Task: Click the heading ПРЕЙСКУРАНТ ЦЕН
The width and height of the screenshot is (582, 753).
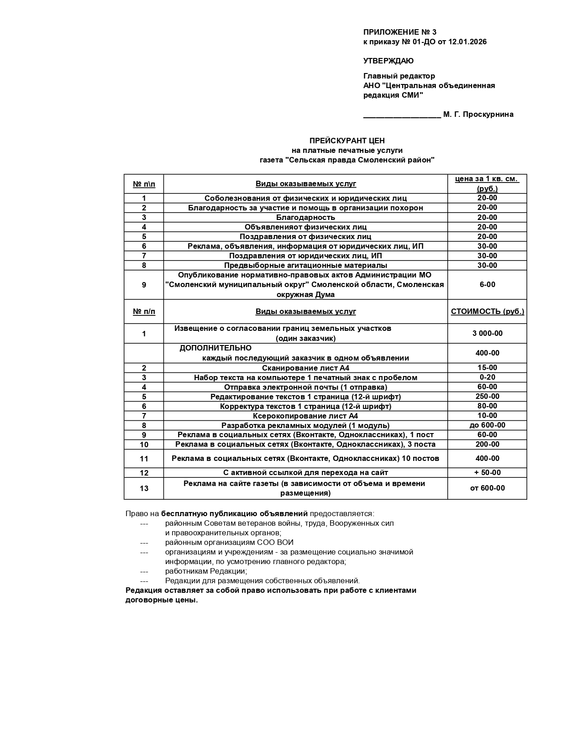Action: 347,141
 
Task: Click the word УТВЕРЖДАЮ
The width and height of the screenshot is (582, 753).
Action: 388,61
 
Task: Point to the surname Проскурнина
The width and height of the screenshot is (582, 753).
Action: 488,115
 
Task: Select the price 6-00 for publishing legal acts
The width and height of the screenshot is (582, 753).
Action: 487,285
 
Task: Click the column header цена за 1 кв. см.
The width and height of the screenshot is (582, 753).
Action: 487,179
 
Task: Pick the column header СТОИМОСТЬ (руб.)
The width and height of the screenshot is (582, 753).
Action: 487,312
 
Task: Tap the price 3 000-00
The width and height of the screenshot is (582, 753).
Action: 487,334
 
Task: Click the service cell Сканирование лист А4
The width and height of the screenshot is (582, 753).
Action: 305,368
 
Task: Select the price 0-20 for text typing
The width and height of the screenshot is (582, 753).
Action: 487,377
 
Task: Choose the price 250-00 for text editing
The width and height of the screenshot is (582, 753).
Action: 487,397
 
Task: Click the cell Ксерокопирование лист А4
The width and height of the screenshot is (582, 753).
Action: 305,416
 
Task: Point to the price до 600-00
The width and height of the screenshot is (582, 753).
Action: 487,425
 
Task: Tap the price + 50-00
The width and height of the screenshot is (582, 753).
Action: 487,472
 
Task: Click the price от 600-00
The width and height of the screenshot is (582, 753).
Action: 487,488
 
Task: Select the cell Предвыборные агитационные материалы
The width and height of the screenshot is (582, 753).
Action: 305,265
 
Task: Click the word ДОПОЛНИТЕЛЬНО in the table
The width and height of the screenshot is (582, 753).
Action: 215,348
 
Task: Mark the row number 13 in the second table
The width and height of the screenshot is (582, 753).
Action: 144,488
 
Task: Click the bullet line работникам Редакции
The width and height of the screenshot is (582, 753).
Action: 206,571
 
